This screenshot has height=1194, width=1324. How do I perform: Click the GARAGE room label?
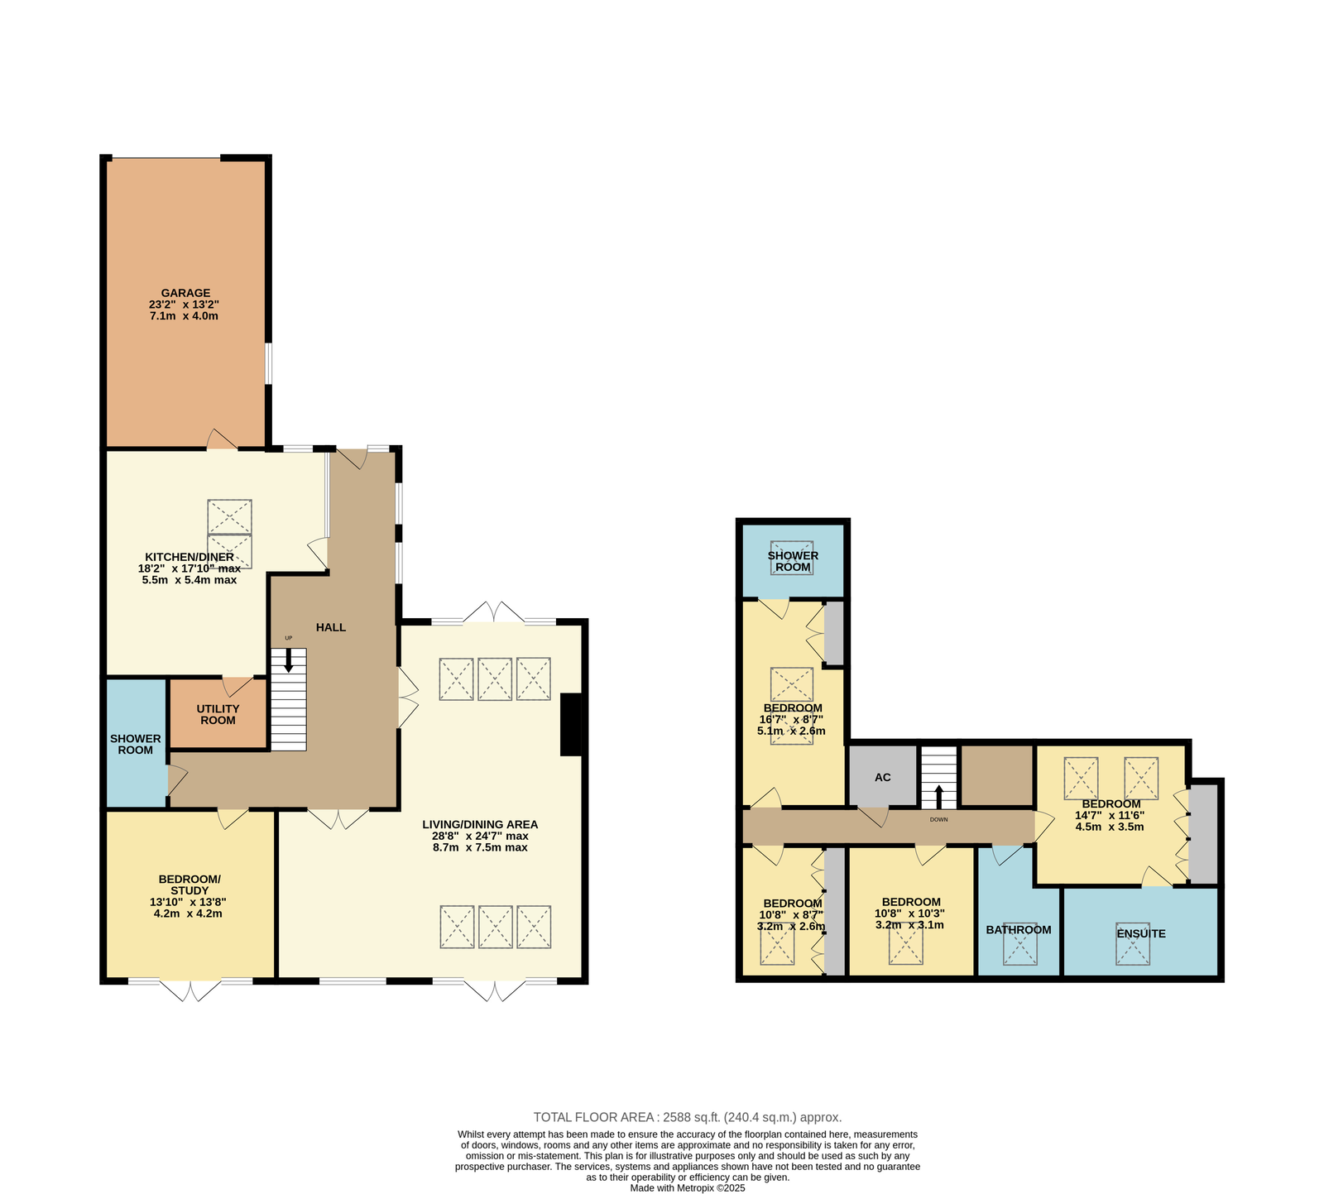click(185, 293)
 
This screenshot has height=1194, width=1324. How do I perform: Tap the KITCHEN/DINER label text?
click(189, 557)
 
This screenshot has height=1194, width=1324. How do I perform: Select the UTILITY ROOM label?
click(218, 714)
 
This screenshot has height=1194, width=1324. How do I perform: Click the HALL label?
click(331, 627)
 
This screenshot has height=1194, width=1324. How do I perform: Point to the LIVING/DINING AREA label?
click(480, 824)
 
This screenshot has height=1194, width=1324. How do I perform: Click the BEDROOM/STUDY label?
click(189, 885)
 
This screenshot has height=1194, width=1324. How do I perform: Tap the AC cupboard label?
click(883, 777)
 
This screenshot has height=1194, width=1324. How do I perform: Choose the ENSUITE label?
click(1141, 933)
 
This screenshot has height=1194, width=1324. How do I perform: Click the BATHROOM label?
click(1019, 929)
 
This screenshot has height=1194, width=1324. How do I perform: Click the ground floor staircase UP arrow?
click(289, 659)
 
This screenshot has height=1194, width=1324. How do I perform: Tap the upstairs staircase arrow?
click(938, 797)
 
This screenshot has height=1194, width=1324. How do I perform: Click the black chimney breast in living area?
click(572, 724)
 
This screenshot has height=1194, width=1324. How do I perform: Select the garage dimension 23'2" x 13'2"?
click(184, 304)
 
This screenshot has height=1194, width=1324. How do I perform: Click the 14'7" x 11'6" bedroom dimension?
click(1110, 815)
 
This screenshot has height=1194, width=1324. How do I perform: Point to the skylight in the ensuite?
click(1132, 943)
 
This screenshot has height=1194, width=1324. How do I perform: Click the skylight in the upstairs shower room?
click(792, 558)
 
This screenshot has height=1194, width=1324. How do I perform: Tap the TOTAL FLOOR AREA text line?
click(687, 1117)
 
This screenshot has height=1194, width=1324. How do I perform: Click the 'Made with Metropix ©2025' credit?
click(688, 1187)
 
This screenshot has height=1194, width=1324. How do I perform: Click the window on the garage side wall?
click(267, 363)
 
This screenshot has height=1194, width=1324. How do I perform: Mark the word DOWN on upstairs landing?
click(938, 820)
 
